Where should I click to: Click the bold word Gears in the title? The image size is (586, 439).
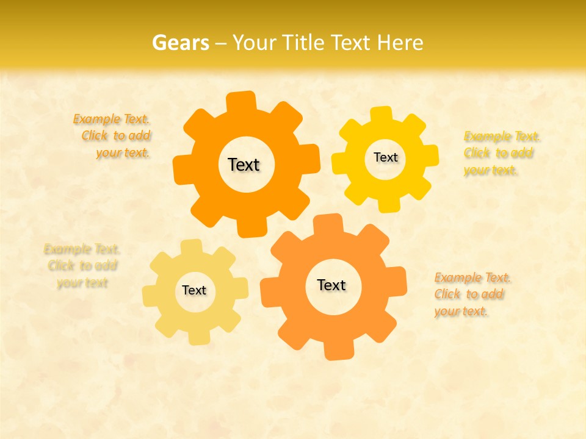179,43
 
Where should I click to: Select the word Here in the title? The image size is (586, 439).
400,43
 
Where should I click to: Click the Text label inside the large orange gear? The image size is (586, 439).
244,165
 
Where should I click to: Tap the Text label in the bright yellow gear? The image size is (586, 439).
385,157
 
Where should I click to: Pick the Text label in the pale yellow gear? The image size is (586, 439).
194,290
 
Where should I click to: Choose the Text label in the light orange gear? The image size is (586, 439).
331,285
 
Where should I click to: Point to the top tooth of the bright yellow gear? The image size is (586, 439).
381,115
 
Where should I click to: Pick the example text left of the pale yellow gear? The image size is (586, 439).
82,266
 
